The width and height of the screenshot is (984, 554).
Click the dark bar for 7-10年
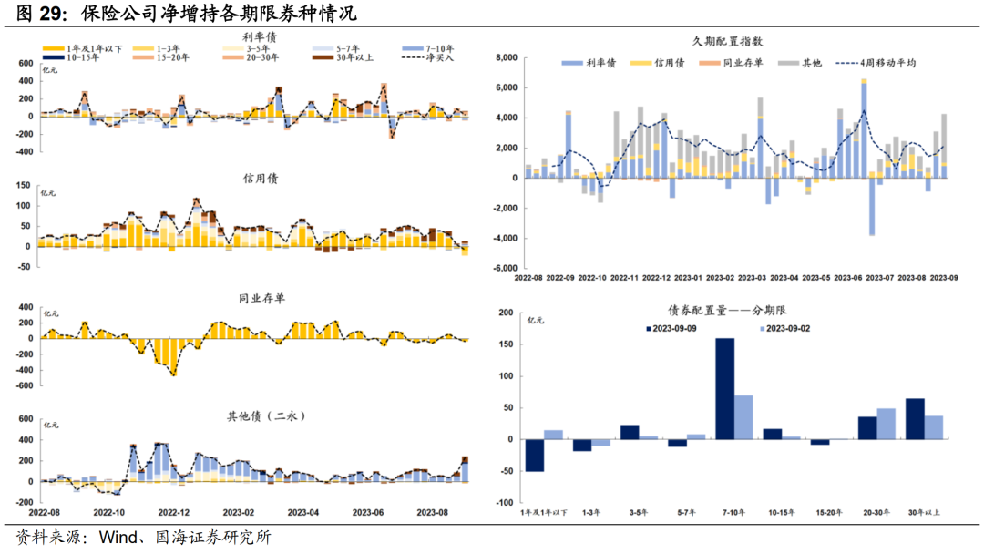pos(725,389)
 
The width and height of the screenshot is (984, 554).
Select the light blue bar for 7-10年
pos(743,417)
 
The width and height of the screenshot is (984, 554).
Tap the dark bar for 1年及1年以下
pos(534,456)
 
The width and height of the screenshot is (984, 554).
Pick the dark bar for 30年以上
pos(915,419)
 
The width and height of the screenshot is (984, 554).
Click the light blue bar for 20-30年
pos(886,424)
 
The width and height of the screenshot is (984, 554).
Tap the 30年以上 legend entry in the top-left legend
pos(351,57)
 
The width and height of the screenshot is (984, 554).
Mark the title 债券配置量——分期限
pos(731,310)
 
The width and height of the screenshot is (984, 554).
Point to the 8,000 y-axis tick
pos(506,57)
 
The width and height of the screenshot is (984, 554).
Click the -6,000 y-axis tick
pos(504,269)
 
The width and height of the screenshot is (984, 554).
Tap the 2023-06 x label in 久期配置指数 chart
pos(848,277)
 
